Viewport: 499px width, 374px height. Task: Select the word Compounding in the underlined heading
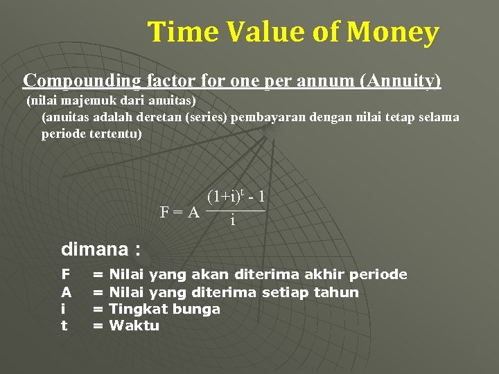click(82, 81)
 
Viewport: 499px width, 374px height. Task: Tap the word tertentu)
click(115, 133)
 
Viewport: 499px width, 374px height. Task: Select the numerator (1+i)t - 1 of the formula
click(236, 197)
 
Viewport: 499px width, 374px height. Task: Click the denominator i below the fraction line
click(232, 220)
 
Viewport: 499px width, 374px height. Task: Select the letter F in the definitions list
click(65, 275)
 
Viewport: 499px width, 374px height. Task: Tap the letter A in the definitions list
click(65, 292)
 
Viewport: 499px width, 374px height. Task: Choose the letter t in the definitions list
click(64, 326)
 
